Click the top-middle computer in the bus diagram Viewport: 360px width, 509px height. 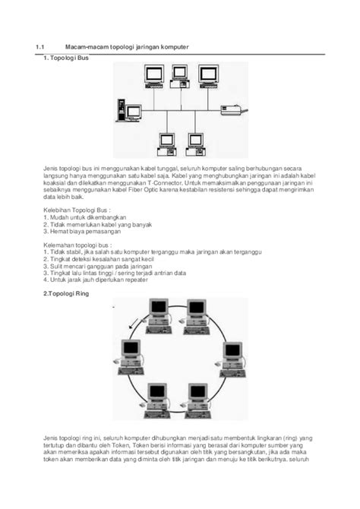[x=180, y=74]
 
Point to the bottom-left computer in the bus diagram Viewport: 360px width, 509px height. [x=164, y=141]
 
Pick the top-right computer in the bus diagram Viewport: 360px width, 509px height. [x=208, y=74]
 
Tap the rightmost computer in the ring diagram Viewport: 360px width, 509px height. [x=233, y=358]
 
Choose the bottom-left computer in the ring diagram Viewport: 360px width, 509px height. [x=157, y=403]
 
